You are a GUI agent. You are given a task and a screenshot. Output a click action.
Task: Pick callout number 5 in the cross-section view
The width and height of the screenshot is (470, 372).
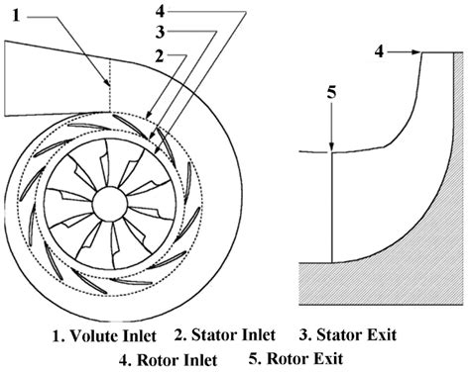pos(333,93)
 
